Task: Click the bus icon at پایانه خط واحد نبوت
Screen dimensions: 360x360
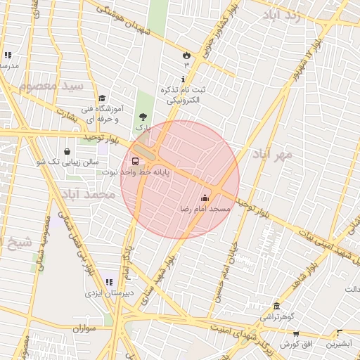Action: coord(135,161)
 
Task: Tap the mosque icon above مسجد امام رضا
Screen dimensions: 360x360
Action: coord(205,198)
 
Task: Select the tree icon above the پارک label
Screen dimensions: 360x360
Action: coord(143,117)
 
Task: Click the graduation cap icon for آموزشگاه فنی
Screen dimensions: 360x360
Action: coord(102,98)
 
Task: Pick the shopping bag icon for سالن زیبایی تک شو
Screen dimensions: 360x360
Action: coord(67,151)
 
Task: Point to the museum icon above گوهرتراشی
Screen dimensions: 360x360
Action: coord(277,307)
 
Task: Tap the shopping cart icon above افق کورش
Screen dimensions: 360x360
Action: coord(296,334)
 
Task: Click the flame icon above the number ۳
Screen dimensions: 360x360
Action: coord(186,54)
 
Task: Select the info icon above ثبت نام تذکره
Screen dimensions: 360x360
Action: coord(184,79)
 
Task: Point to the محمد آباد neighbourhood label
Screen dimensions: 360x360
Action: coord(86,193)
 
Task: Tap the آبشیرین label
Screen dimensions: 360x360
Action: coord(340,345)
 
